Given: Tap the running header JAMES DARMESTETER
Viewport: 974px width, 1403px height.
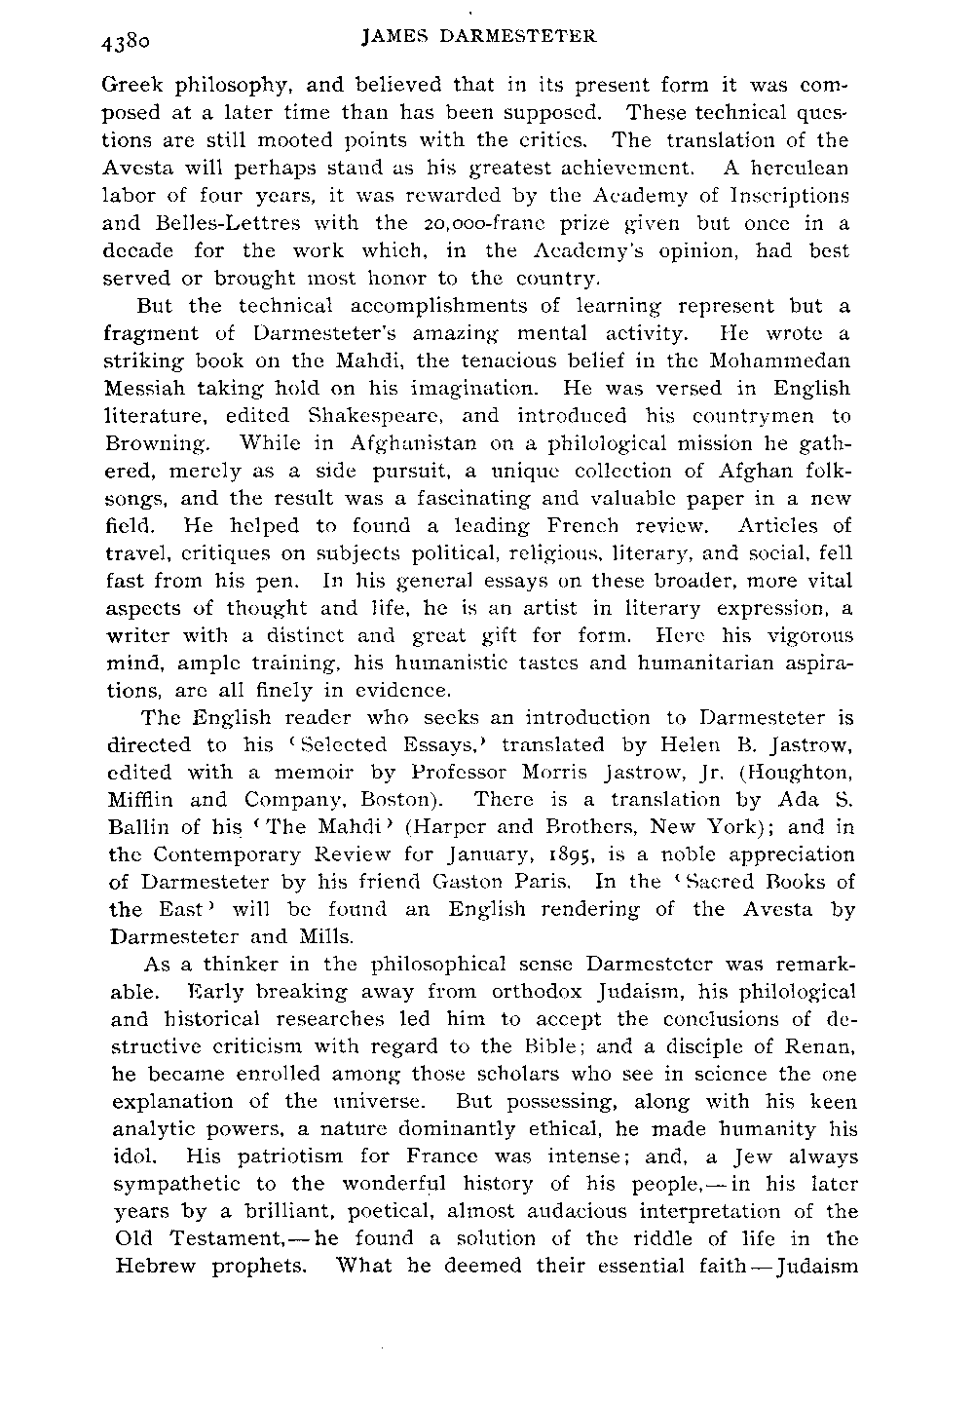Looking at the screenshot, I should (477, 37).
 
